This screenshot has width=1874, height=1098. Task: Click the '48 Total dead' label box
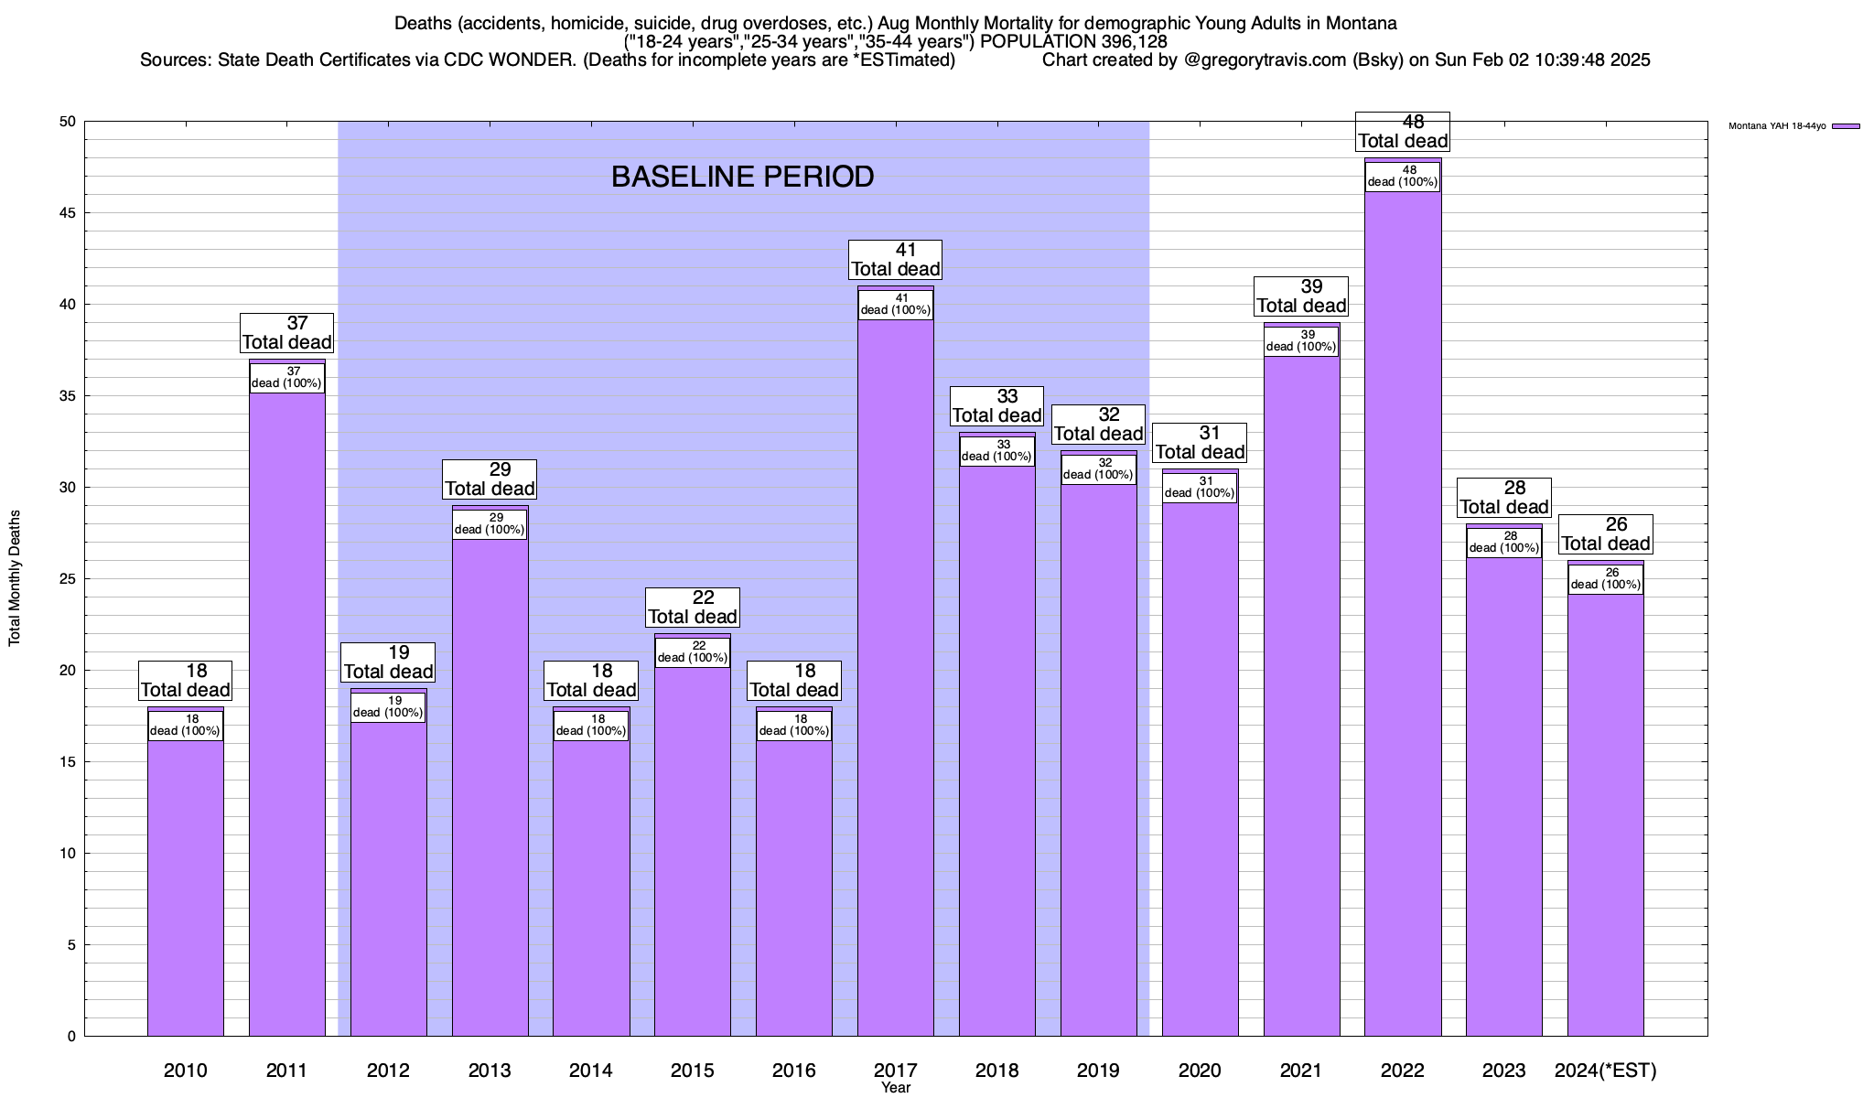point(1403,132)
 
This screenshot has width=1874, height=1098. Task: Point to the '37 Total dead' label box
point(286,333)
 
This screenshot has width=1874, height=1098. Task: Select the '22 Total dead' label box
point(693,608)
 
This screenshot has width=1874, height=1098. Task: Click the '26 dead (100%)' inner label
point(1606,579)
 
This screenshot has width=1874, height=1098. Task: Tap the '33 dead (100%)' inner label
point(997,451)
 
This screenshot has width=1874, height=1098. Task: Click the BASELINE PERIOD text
point(742,177)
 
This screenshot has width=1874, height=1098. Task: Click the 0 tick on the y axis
point(71,1037)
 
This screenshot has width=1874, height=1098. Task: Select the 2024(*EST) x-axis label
point(1606,1071)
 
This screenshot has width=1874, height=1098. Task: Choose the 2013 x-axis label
point(490,1071)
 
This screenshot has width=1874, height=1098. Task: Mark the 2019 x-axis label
point(1098,1071)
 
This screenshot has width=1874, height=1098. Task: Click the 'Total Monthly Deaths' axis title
point(15,578)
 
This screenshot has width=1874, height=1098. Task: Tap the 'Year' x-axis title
point(896,1088)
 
